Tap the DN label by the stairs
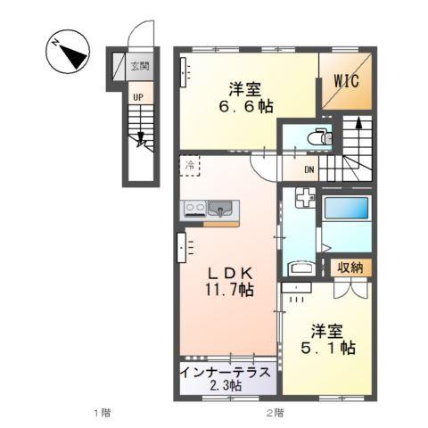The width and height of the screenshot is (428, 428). (309, 171)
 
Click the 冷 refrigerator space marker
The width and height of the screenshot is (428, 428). (191, 165)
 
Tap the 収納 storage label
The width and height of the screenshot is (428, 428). (350, 267)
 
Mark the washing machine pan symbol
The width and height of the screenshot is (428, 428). (300, 200)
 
